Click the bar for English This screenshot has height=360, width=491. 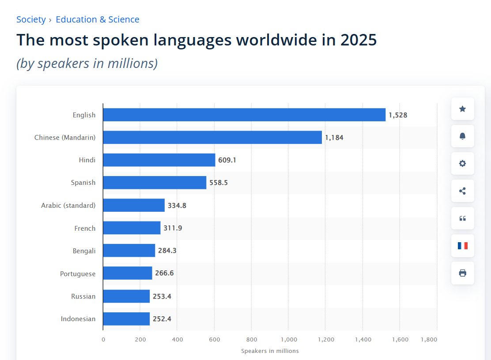point(244,115)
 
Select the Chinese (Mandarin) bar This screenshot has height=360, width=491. point(212,138)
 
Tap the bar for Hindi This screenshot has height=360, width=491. point(159,160)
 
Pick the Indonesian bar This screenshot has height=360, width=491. point(126,319)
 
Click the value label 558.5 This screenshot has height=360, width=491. point(219,183)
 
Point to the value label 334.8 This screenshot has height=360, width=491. point(177,206)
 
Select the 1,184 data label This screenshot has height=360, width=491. point(334,138)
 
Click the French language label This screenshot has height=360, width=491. point(85,229)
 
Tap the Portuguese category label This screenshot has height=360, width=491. point(78,274)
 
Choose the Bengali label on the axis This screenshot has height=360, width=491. point(84,251)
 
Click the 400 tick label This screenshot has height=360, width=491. point(177,340)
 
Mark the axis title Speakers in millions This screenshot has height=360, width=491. point(270,351)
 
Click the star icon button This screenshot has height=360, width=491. point(462,109)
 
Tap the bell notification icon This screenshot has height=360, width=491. point(462,136)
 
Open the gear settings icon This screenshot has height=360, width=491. point(462,164)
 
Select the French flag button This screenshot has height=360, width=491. point(462,246)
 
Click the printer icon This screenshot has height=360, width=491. point(462,273)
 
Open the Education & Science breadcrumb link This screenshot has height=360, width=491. point(97,19)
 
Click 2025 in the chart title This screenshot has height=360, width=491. point(359,40)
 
